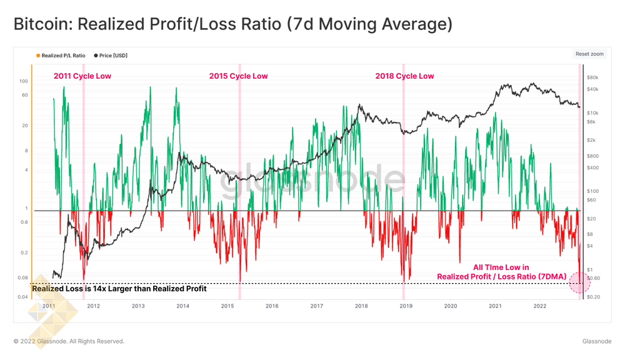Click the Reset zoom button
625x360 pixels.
tap(589, 54)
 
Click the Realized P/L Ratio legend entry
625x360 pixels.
tap(62, 56)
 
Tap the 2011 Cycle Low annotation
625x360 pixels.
tap(82, 76)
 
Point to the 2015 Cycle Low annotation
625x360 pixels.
tap(238, 76)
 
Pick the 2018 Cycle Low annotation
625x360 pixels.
tap(404, 76)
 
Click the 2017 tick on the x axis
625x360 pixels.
tap(316, 306)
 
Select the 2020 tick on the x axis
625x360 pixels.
tap(450, 306)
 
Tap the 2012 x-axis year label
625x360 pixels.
tap(93, 306)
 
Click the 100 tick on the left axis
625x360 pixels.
tap(24, 81)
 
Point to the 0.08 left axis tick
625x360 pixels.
tap(22, 278)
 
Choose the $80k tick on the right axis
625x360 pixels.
tap(594, 78)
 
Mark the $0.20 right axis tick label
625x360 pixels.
tap(595, 297)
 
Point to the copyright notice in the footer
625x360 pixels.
tap(69, 341)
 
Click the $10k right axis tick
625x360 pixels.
tap(594, 112)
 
